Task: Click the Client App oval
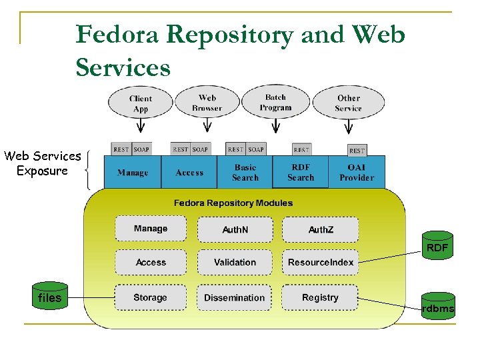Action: pos(141,103)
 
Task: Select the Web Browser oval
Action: pos(207,103)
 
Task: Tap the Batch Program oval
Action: pos(275,102)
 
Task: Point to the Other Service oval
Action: pos(348,103)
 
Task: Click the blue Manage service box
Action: pos(133,173)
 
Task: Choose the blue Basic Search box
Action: pos(245,173)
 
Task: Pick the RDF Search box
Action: pos(301,173)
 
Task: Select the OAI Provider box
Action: pos(357,173)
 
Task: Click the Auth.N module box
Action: pos(235,229)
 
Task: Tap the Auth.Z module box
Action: pos(320,229)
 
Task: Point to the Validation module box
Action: pos(235,263)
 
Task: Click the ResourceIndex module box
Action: pos(320,263)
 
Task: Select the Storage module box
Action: pos(150,297)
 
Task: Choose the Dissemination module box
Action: pos(235,297)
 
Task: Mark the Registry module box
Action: pos(320,297)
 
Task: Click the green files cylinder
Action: pos(50,296)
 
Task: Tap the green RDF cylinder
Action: pos(437,247)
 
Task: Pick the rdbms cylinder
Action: pos(438,307)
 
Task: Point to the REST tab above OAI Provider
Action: pos(357,150)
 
